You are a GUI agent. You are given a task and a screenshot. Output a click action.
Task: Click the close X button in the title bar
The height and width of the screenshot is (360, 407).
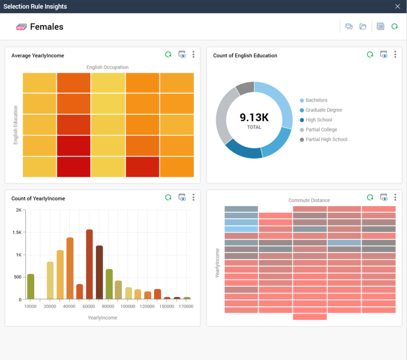tap(397, 7)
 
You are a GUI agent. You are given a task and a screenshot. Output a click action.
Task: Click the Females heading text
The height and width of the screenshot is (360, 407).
tap(46, 27)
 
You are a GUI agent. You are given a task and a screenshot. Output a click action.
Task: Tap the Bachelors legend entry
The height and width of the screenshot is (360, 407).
tap(316, 100)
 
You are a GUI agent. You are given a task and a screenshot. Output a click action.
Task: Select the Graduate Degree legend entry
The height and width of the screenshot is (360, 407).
tap(323, 110)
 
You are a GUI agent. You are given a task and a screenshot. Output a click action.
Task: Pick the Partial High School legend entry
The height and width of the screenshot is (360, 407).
tap(326, 140)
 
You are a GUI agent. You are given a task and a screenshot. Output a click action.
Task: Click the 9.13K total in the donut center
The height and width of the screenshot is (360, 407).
tap(254, 117)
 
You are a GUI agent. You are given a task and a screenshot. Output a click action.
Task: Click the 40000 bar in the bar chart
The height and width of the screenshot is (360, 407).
tap(70, 268)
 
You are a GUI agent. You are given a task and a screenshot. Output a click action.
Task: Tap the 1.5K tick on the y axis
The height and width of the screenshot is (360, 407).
tap(17, 233)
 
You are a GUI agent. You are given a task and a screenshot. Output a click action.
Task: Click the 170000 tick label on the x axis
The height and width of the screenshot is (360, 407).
tap(186, 307)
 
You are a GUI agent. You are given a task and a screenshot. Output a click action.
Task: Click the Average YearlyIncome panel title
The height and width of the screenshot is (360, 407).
tap(38, 56)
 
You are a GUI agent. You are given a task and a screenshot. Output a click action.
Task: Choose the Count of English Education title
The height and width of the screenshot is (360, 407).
tap(245, 56)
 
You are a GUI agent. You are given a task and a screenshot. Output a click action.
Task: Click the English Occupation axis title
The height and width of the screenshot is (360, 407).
tap(107, 67)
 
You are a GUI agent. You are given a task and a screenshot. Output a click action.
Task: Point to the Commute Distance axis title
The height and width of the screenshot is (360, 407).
tap(309, 201)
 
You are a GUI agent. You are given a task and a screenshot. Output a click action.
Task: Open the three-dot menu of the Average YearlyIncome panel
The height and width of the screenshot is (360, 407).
tap(193, 54)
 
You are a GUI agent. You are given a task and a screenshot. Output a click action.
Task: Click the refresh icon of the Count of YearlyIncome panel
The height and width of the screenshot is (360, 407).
tap(168, 198)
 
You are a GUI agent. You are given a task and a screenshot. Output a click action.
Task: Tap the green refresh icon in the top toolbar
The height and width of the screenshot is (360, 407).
tap(394, 27)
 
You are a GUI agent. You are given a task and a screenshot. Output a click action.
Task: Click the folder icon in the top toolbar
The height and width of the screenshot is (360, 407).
tap(363, 27)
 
